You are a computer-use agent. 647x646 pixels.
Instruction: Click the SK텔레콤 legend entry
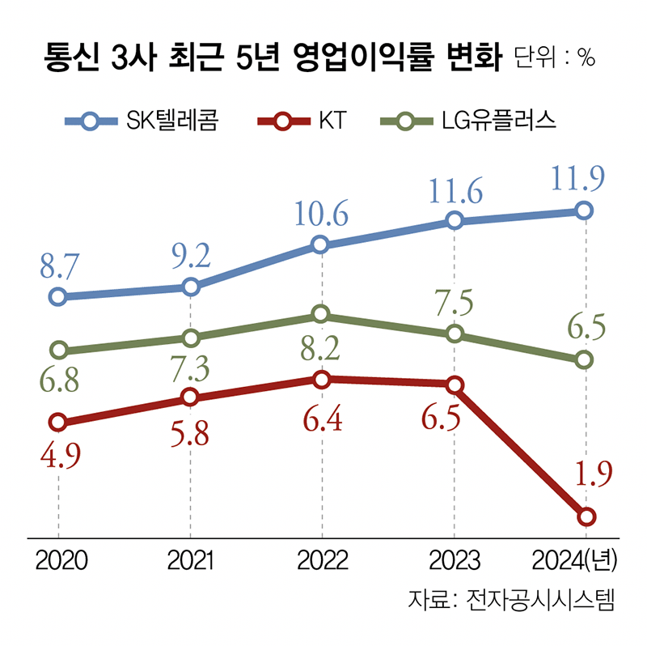tap(142, 122)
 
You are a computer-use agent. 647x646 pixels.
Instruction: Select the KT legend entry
tap(299, 122)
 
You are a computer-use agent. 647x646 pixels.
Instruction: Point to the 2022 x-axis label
tap(321, 560)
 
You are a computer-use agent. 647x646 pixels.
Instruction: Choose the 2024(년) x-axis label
tap(575, 560)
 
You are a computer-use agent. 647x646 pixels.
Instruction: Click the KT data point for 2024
tap(586, 516)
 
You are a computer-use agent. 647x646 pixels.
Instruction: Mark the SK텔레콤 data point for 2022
tap(321, 244)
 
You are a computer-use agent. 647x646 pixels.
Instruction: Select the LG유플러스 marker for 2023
tap(455, 334)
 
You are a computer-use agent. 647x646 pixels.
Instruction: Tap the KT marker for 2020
tap(57, 422)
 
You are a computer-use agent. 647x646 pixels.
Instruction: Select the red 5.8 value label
tap(189, 435)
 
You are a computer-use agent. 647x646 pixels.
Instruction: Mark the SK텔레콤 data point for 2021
tap(190, 287)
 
